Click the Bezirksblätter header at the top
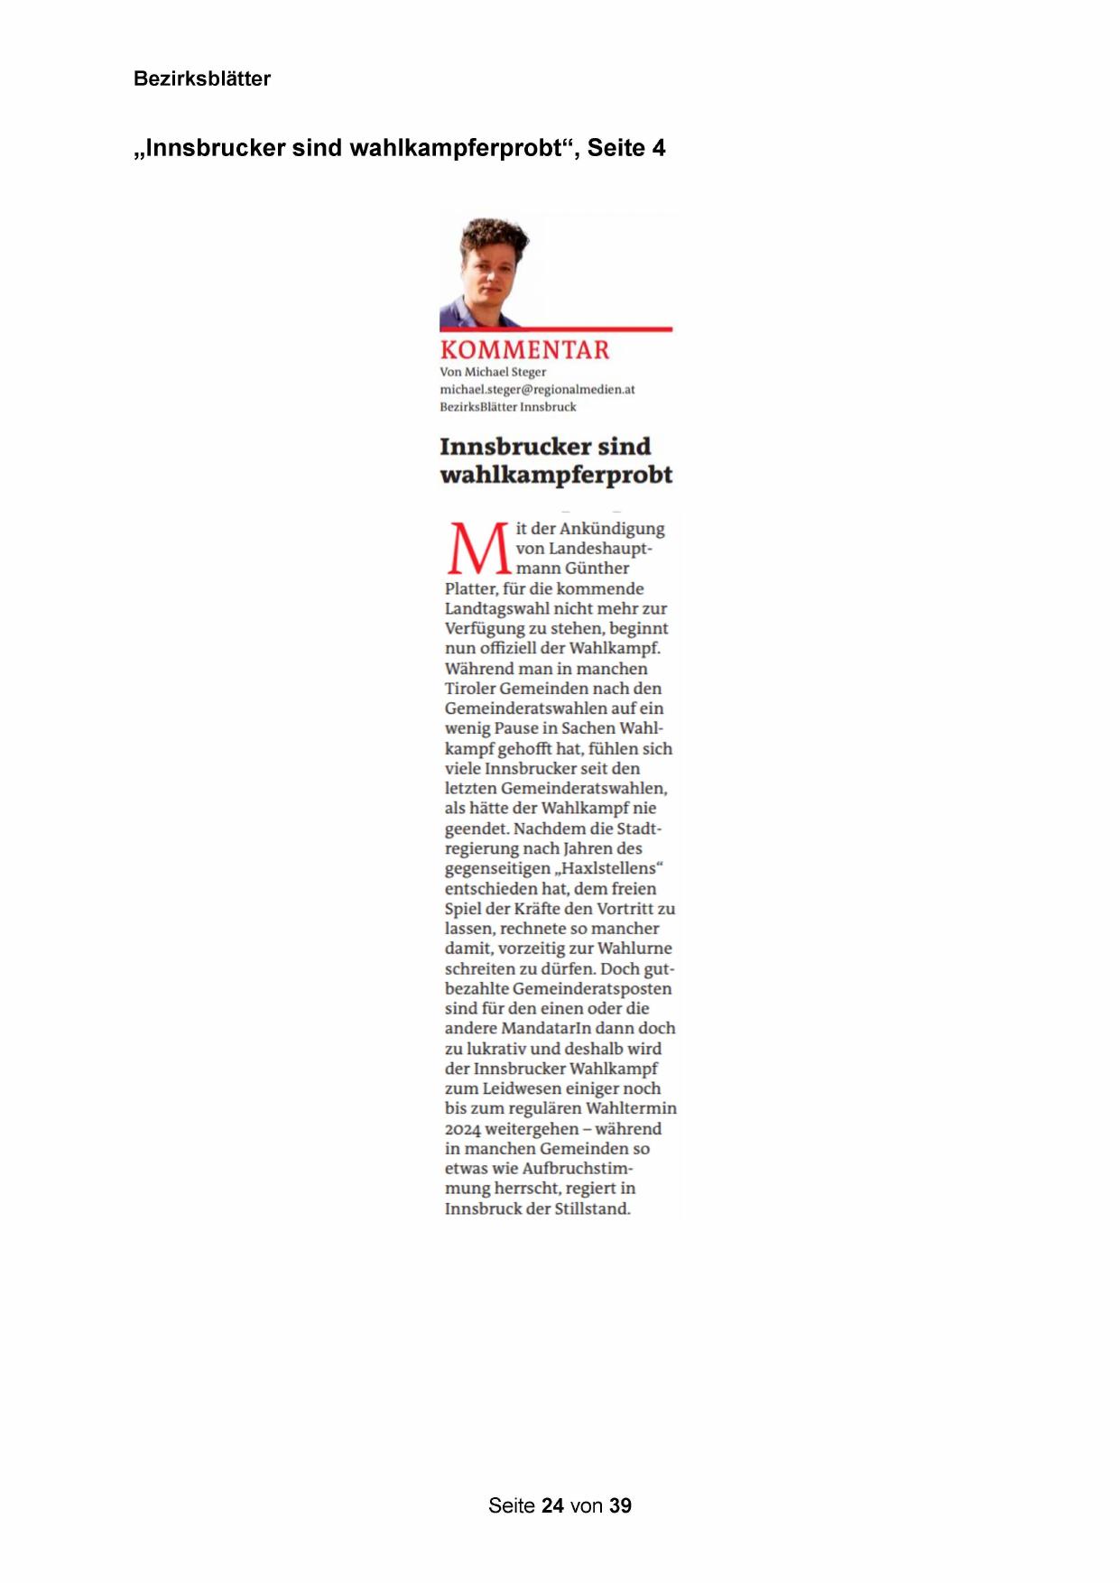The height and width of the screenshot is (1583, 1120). tap(202, 79)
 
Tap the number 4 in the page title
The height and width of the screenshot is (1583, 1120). tap(659, 148)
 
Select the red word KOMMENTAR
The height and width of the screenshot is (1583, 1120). tap(524, 350)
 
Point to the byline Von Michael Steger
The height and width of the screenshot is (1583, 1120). tap(493, 372)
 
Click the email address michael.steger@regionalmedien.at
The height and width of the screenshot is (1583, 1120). tap(537, 389)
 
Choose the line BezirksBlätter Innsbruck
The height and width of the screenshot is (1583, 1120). tap(507, 407)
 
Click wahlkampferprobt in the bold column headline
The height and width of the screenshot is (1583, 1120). tap(556, 475)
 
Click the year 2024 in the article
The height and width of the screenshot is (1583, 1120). tap(463, 1129)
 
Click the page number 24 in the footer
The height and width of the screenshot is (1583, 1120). tap(552, 1505)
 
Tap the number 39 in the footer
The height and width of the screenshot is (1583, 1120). tap(620, 1505)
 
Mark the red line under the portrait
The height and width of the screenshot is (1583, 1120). tap(556, 329)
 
